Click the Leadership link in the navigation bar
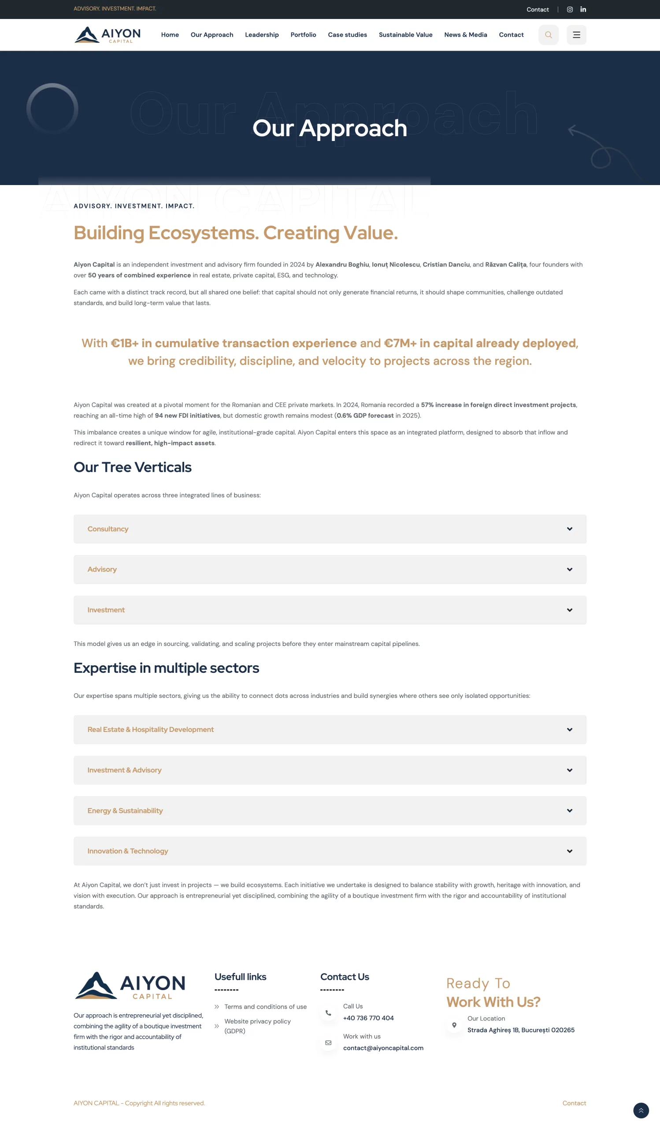[262, 35]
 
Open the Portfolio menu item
[303, 35]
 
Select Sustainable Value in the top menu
[405, 35]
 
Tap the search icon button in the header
[548, 35]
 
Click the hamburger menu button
[576, 35]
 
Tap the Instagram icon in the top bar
[570, 9]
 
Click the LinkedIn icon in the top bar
[583, 9]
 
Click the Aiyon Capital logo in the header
[108, 35]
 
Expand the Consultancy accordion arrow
[569, 529]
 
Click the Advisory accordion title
[102, 569]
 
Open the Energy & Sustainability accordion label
[125, 811]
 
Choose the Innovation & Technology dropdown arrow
[569, 851]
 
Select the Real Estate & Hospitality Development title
[150, 730]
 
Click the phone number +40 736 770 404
[368, 1018]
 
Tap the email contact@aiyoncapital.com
[383, 1048]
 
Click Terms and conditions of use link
[265, 1007]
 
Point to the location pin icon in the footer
[454, 1025]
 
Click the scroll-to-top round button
[641, 1110]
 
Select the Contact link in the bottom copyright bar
[574, 1103]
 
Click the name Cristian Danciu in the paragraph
[446, 264]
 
